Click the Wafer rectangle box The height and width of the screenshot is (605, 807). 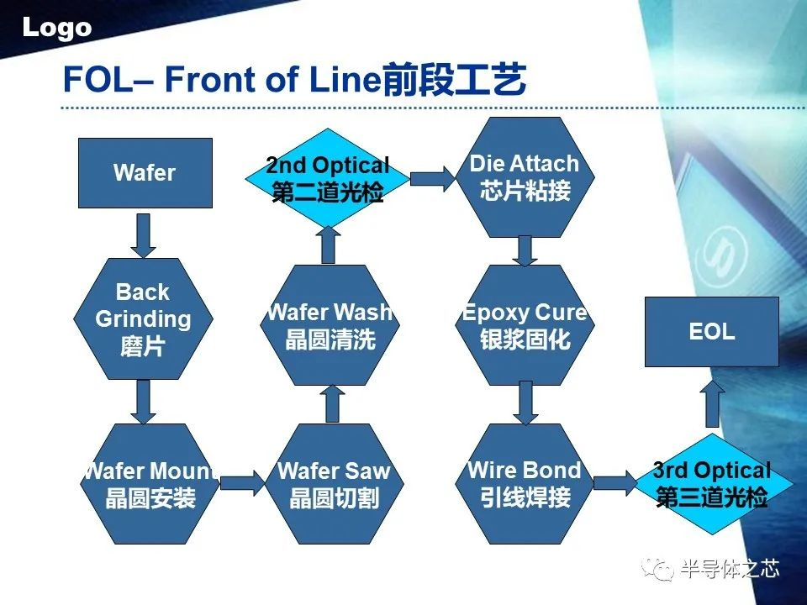[x=145, y=173]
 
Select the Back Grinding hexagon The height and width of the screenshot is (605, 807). [x=143, y=319]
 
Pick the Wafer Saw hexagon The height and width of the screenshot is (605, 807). [x=334, y=484]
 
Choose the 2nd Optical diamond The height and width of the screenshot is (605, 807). [x=328, y=178]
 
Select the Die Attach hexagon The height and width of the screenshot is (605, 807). [x=525, y=176]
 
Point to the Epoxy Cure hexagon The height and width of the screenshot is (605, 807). [x=525, y=325]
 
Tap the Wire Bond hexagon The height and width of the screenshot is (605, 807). [x=525, y=483]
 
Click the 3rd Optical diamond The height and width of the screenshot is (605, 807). [x=712, y=484]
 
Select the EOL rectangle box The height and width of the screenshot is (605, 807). [x=711, y=331]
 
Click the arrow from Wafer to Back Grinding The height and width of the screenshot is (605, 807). [x=145, y=235]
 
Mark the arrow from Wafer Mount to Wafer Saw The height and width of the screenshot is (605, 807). [x=241, y=483]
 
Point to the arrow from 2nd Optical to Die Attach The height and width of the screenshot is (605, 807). [x=431, y=179]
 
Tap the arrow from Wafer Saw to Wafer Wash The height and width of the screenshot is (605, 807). [x=333, y=403]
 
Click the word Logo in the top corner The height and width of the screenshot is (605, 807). [x=57, y=28]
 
